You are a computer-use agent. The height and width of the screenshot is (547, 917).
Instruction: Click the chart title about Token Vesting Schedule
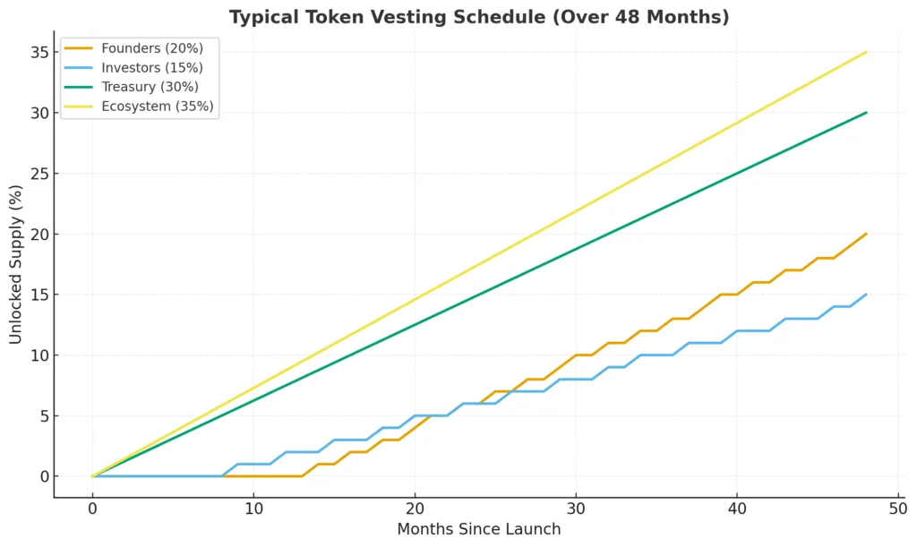(x=478, y=16)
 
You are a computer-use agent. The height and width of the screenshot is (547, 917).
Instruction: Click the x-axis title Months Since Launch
(x=478, y=529)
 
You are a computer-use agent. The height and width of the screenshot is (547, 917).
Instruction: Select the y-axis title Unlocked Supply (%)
(x=15, y=264)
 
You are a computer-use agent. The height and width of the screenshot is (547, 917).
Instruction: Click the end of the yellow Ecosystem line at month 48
(x=866, y=52)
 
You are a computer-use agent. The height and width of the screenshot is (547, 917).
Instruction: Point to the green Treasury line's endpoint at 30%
(x=866, y=113)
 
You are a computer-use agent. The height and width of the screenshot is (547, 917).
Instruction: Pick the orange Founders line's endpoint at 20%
(x=866, y=234)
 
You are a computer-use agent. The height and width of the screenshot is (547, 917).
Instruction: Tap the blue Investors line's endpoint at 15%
(x=866, y=295)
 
